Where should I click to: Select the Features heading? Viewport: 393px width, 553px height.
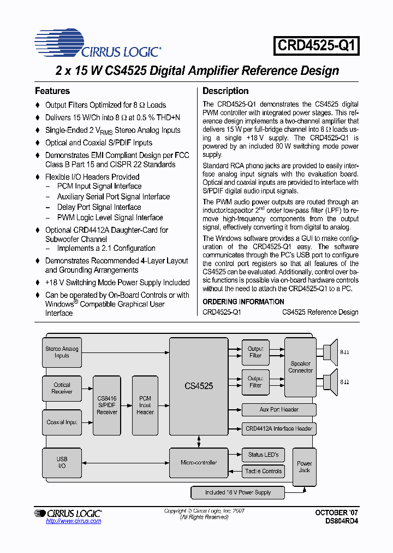pyautogui.click(x=52, y=91)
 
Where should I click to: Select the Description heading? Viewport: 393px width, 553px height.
pyautogui.click(x=225, y=91)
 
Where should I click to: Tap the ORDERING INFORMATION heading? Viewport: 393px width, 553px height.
pyautogui.click(x=243, y=302)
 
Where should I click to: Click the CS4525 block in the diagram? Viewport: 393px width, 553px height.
pyautogui.click(x=199, y=386)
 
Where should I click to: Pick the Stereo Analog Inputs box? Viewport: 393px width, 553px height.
pyautogui.click(x=62, y=352)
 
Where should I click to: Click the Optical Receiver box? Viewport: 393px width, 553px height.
pyautogui.click(x=62, y=388)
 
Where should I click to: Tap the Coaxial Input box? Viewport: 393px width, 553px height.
pyautogui.click(x=62, y=422)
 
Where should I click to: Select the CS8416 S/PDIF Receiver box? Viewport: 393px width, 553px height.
pyautogui.click(x=107, y=405)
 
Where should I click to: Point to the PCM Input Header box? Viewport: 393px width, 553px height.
pyautogui.click(x=145, y=405)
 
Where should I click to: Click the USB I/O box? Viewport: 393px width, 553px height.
pyautogui.click(x=62, y=462)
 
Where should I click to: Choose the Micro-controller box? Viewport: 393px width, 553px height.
pyautogui.click(x=199, y=462)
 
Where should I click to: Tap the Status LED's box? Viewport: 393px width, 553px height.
pyautogui.click(x=263, y=454)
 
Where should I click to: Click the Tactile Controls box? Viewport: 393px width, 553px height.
pyautogui.click(x=263, y=471)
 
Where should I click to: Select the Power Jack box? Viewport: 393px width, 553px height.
pyautogui.click(x=304, y=467)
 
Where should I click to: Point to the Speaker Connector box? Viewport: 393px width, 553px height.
pyautogui.click(x=300, y=367)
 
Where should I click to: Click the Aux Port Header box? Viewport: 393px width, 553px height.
pyautogui.click(x=279, y=409)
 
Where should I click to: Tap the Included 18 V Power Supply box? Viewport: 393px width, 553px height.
pyautogui.click(x=238, y=492)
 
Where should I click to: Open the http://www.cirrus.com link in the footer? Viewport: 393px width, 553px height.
pyautogui.click(x=74, y=521)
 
